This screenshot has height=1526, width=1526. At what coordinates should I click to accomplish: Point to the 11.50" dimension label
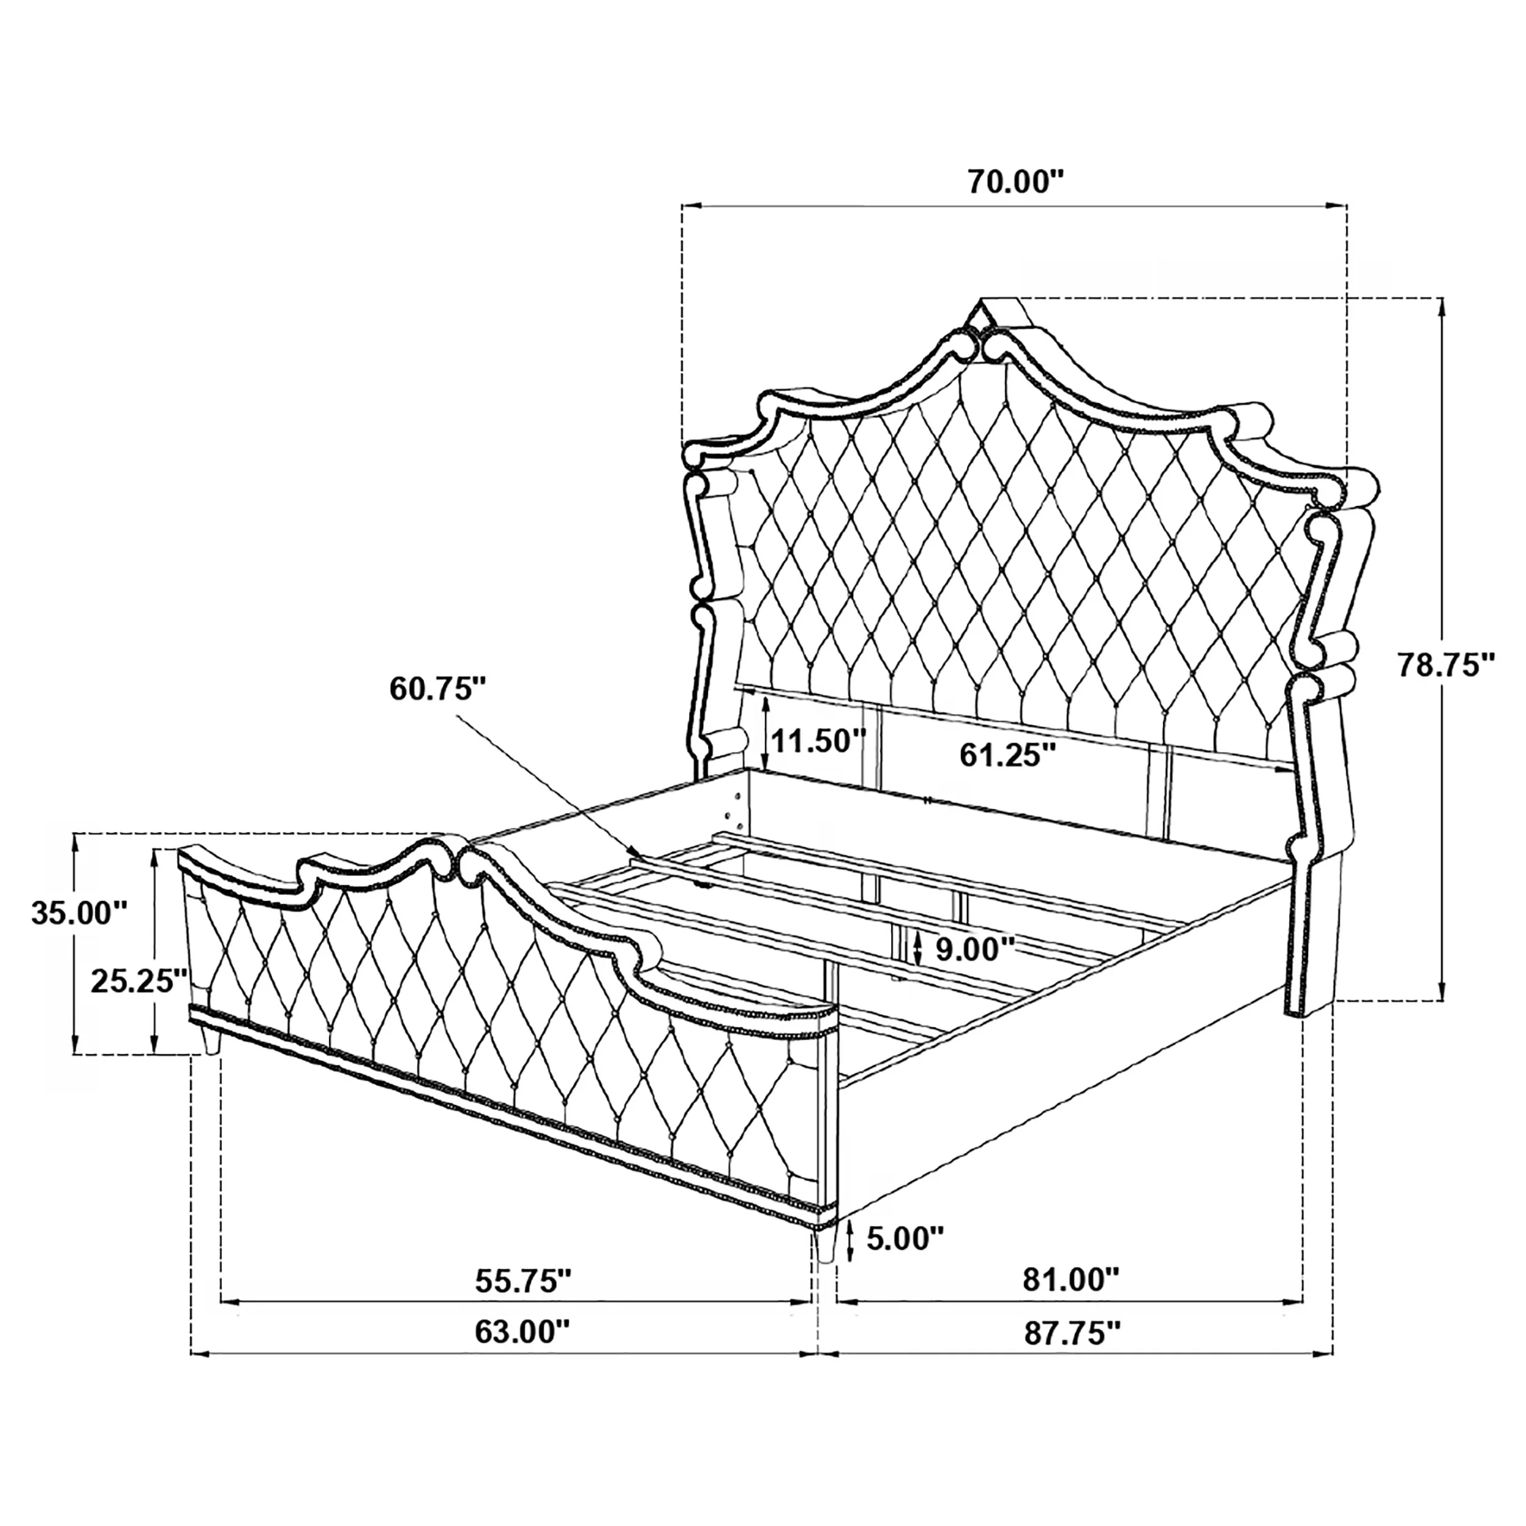[819, 741]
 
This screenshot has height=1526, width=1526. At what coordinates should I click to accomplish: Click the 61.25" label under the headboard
[1008, 755]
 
